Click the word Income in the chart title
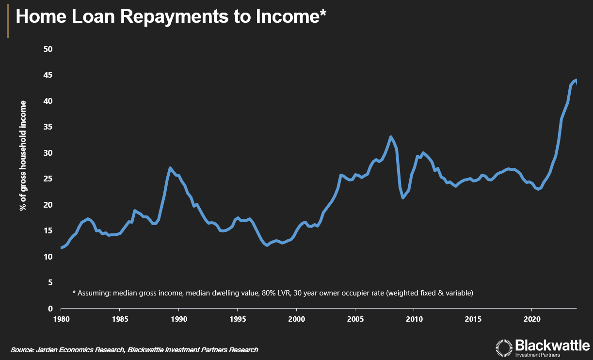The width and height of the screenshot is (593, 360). point(287,17)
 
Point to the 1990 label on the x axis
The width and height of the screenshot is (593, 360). point(178,320)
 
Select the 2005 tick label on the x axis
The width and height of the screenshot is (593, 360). point(355,320)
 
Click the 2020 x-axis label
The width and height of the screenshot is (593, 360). point(531,320)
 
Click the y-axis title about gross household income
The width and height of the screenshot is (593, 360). point(23,155)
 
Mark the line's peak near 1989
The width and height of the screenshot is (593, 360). point(170,168)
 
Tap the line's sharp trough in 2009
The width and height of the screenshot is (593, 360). point(403,197)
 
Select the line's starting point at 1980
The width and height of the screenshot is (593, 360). point(61,248)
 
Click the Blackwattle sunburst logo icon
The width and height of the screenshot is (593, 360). point(503,348)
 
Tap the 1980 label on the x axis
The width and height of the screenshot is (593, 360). point(61,320)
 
